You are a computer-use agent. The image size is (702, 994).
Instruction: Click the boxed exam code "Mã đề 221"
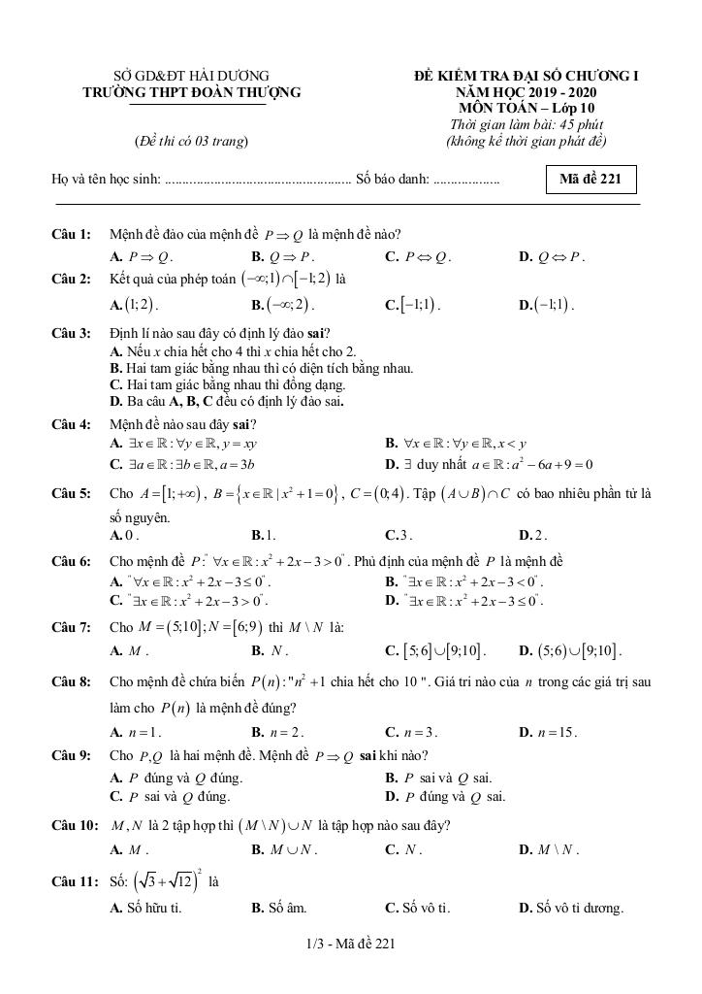[590, 180]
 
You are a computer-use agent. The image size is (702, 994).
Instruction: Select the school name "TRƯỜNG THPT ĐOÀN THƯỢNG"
[192, 92]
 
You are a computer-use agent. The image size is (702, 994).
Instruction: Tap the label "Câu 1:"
[72, 234]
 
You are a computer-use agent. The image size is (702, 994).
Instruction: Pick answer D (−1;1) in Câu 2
[548, 304]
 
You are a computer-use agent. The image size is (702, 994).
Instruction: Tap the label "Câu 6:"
[72, 562]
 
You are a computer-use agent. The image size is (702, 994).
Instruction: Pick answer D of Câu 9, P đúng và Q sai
[445, 797]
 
